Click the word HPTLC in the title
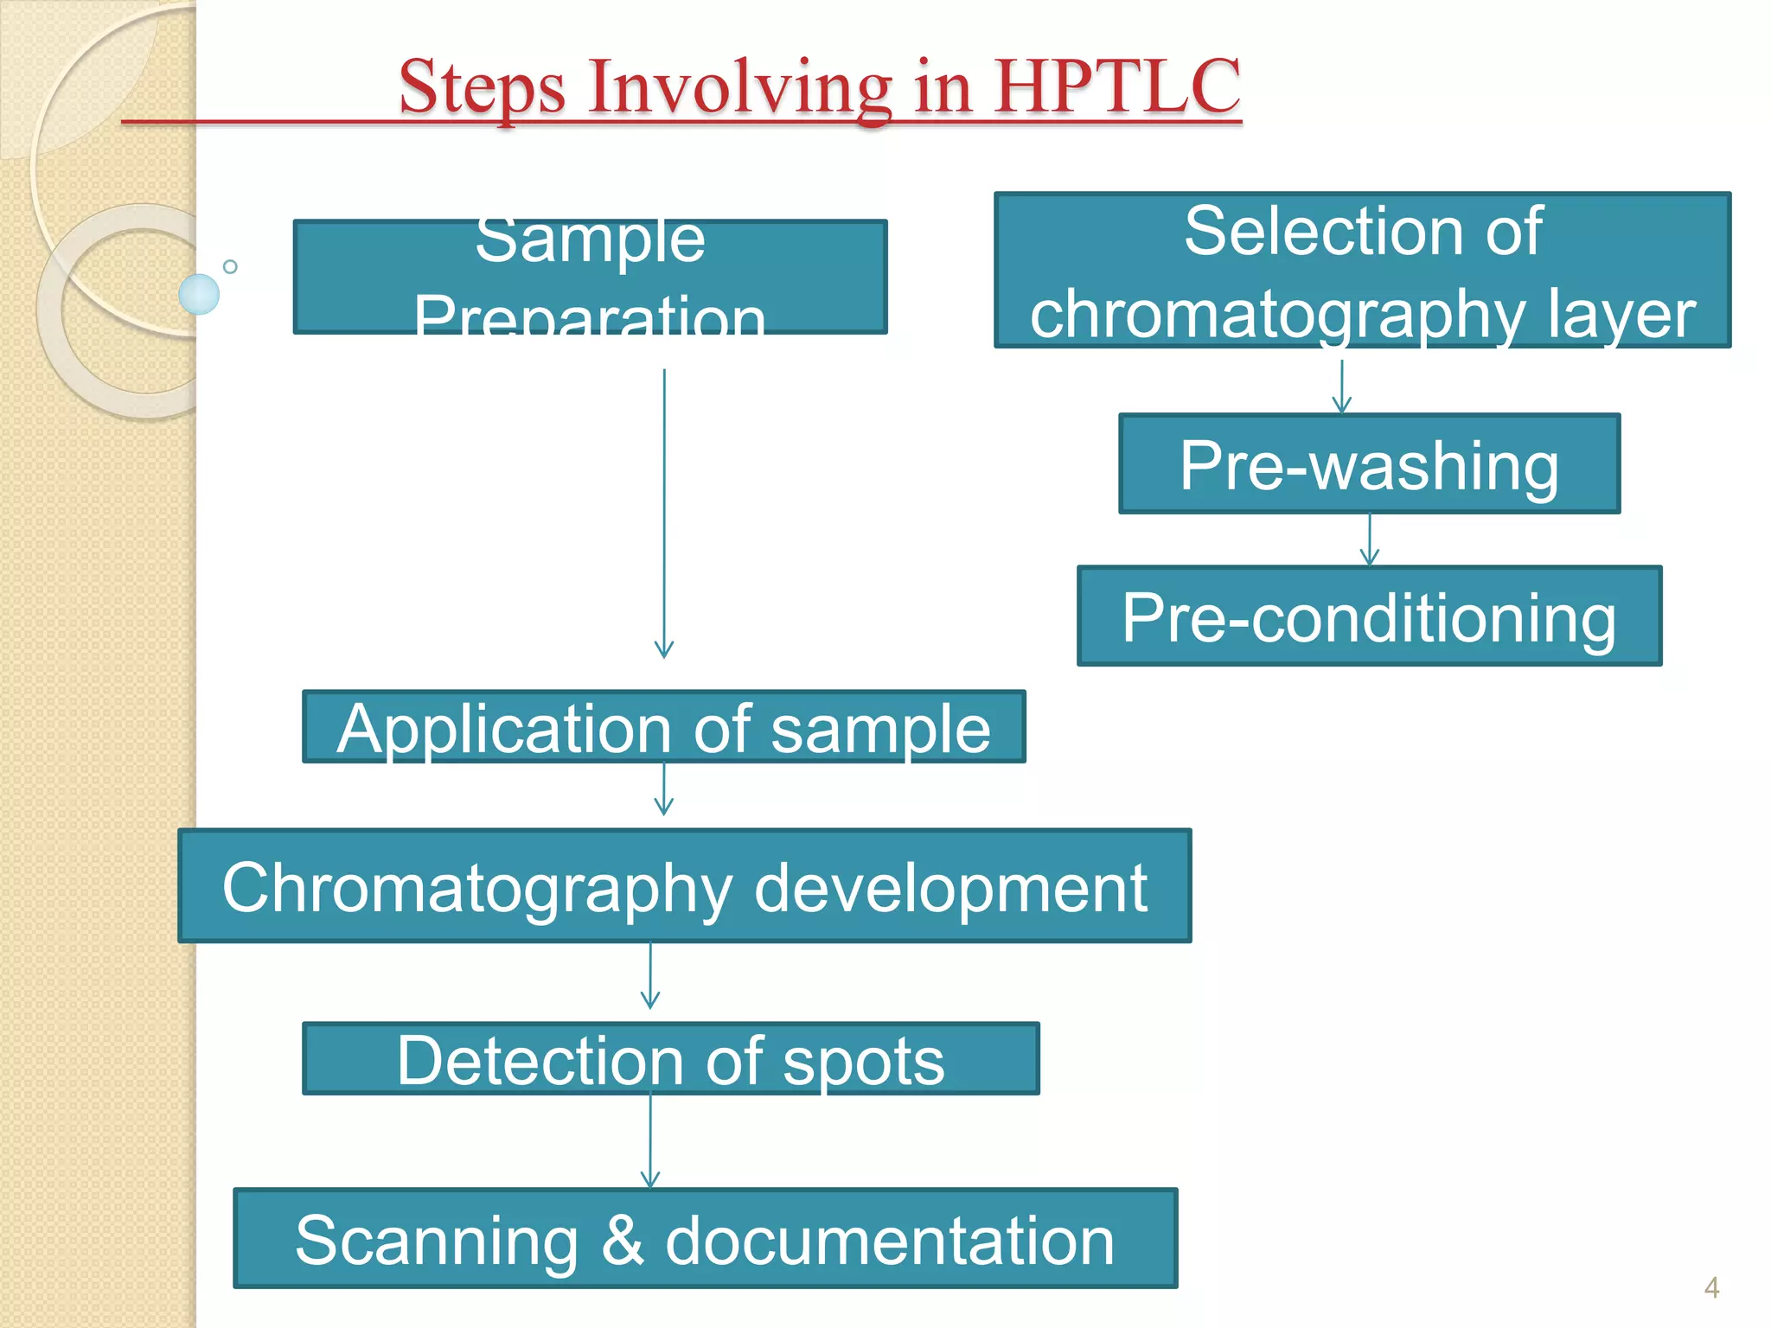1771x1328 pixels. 1117,86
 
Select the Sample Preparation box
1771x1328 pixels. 591,277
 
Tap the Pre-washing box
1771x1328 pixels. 1369,464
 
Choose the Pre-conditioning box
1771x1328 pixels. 1369,616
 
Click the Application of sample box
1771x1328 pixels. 663,727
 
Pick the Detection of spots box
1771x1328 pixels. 670,1059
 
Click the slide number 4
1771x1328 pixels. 1711,1287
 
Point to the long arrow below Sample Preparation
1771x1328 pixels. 664,514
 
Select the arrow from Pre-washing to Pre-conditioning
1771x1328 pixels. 1369,540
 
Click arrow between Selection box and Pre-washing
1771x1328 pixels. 1341,386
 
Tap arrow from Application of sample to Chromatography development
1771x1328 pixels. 663,790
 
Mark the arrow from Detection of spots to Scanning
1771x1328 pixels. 650,1141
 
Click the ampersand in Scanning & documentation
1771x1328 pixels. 622,1241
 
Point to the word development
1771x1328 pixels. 950,888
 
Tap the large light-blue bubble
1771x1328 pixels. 199,294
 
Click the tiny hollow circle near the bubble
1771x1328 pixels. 230,266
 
